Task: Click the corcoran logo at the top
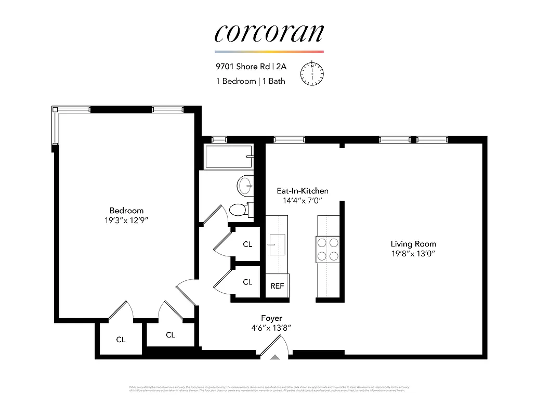click(269, 33)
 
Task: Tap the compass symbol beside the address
click(312, 72)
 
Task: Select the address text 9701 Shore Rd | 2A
click(251, 67)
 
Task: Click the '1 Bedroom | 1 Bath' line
click(251, 81)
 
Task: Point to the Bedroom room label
click(126, 211)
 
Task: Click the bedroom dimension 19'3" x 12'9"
click(126, 220)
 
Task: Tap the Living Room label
click(413, 244)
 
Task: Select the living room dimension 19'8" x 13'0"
click(413, 253)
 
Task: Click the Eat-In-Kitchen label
click(302, 191)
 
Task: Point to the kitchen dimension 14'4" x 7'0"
click(302, 200)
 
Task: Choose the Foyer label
click(271, 318)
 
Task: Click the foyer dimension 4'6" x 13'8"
click(271, 328)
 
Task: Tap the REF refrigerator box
click(277, 286)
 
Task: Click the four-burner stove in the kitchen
click(327, 249)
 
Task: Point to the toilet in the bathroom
click(239, 210)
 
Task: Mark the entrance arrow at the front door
click(274, 357)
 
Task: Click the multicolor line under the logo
click(269, 52)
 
